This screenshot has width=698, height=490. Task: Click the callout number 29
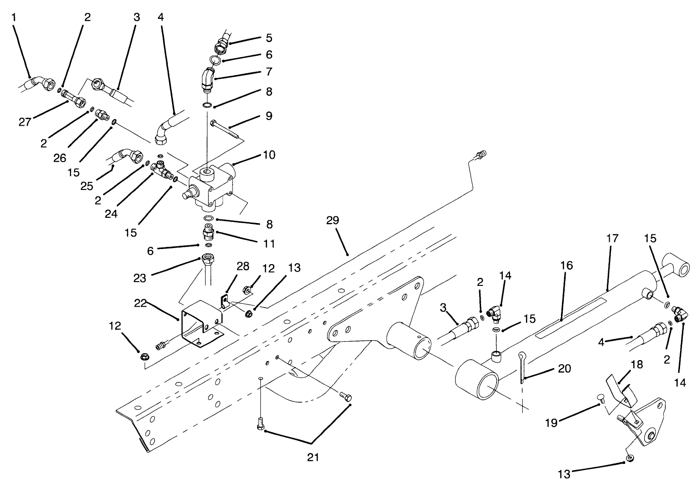[333, 221]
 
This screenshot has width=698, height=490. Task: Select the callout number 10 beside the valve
[269, 155]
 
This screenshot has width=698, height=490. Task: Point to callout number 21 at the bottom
[313, 457]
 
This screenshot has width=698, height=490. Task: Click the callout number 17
[612, 239]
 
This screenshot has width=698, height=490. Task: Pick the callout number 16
[567, 265]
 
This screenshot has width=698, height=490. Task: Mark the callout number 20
[565, 368]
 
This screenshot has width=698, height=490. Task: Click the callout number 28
[243, 266]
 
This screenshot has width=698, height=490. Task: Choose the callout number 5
[269, 37]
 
